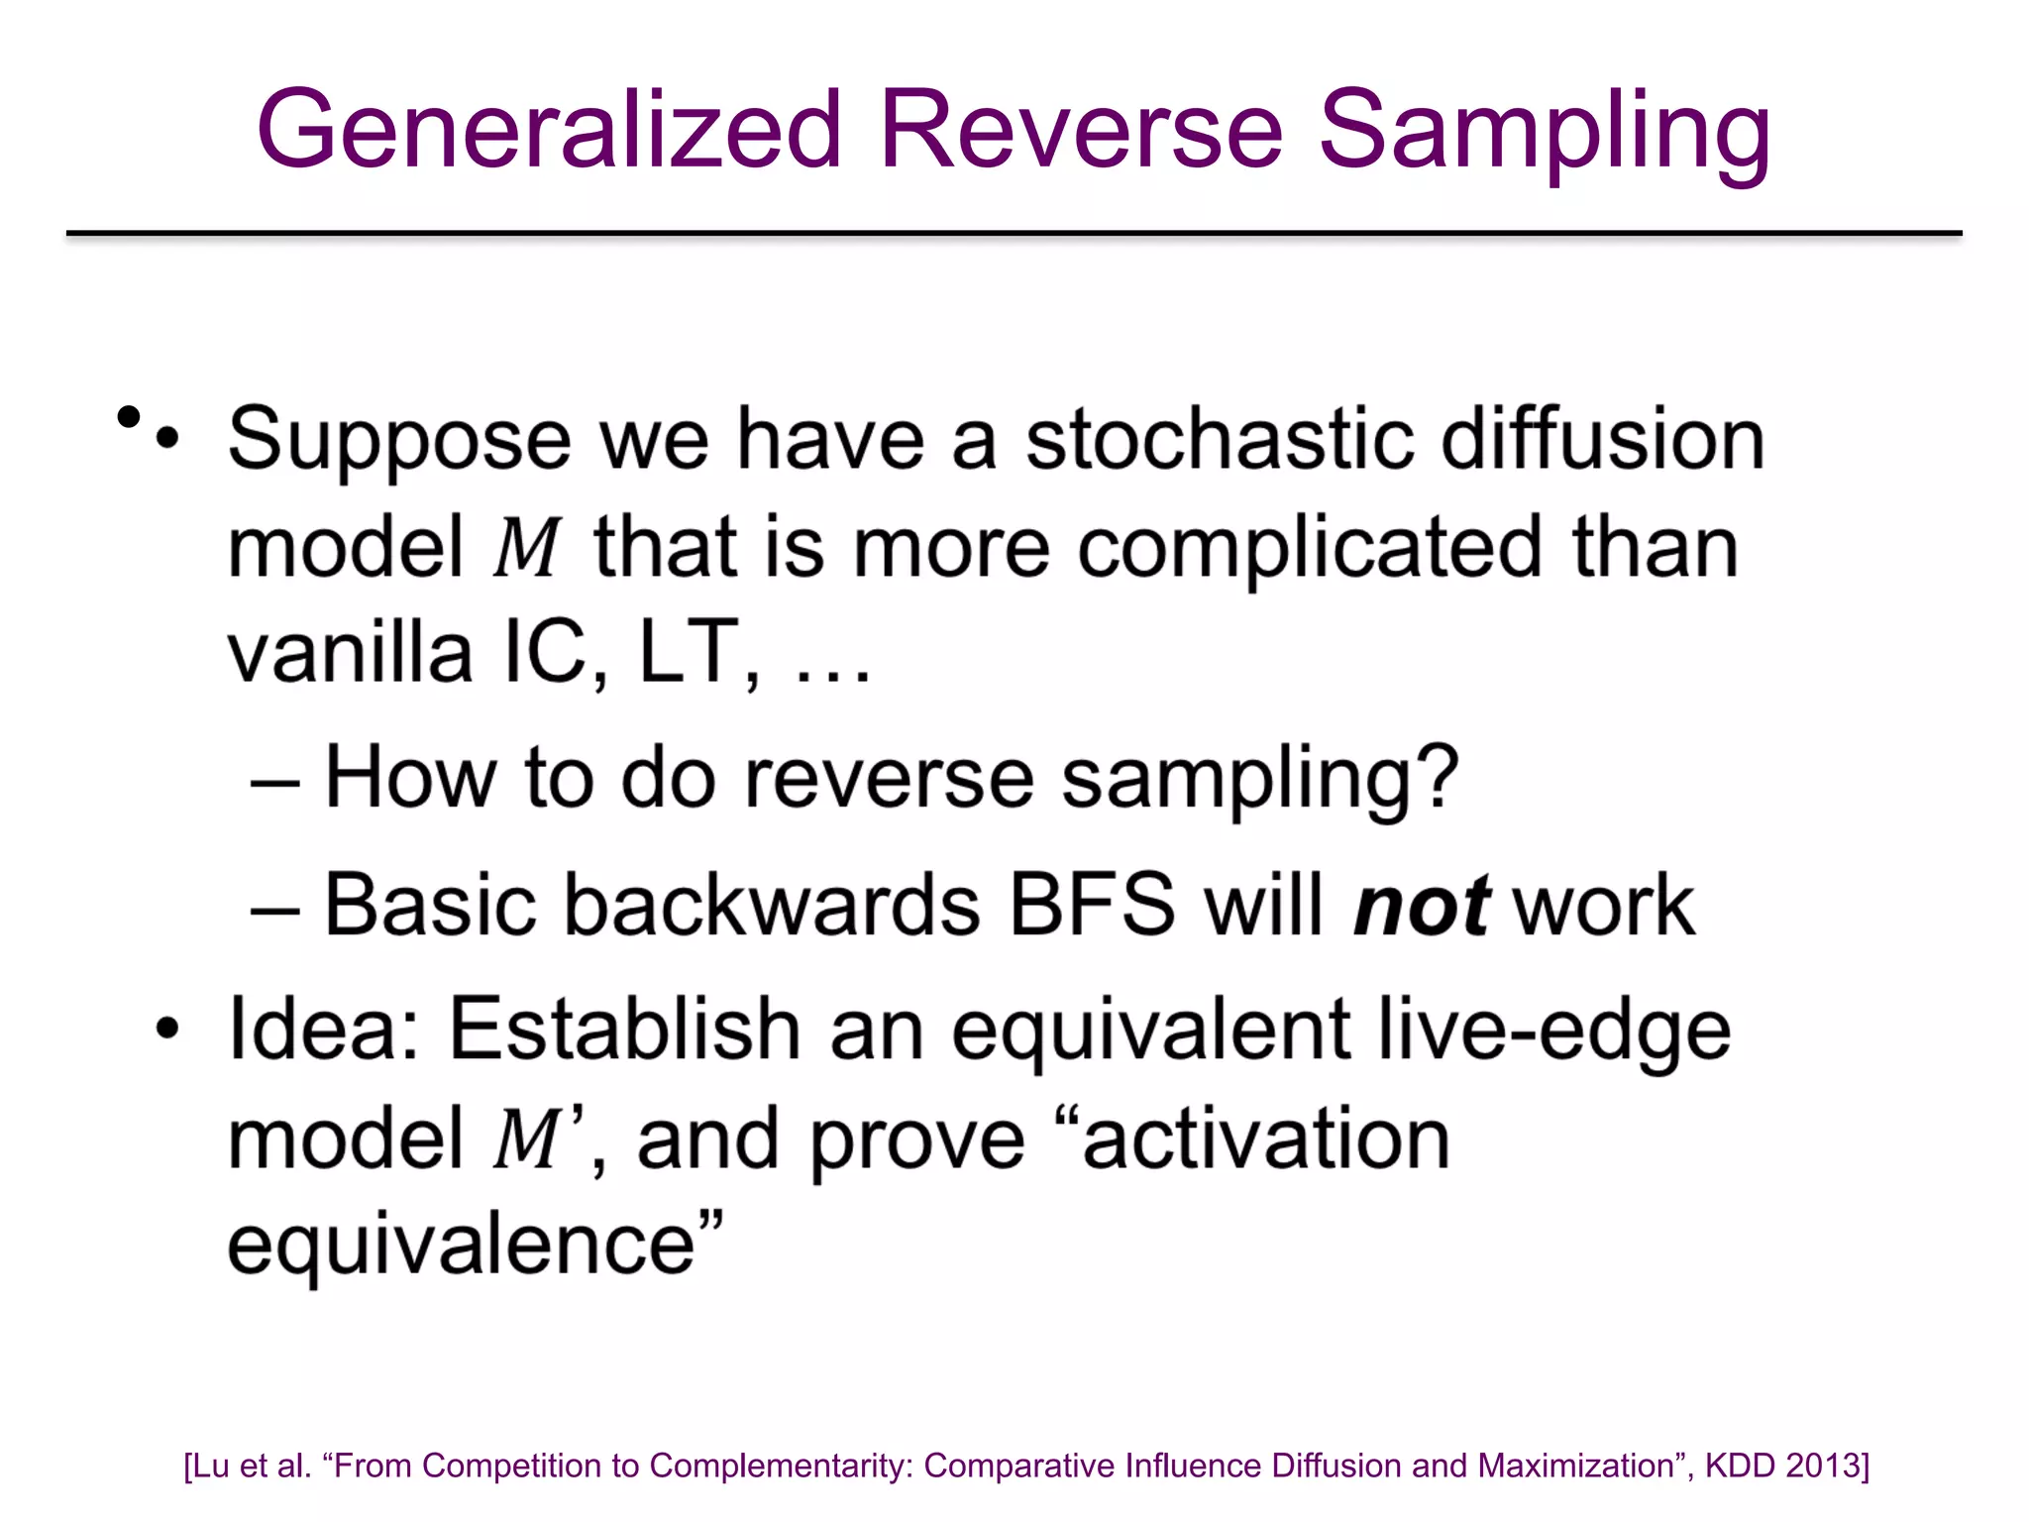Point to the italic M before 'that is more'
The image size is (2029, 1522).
[526, 547]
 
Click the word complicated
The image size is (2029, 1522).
[1310, 549]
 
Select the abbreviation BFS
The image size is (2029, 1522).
[1091, 904]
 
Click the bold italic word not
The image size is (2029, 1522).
[1421, 906]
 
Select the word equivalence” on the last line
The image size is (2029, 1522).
[475, 1245]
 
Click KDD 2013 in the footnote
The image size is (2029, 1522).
[1786, 1466]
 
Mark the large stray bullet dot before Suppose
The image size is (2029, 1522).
[128, 417]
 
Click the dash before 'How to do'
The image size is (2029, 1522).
[274, 781]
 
